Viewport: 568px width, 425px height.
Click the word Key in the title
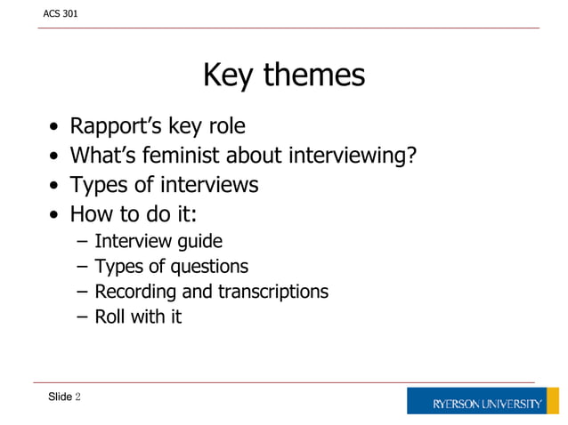click(x=230, y=76)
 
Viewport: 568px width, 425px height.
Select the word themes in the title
click(x=314, y=76)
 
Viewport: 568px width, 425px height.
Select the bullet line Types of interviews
click(x=164, y=185)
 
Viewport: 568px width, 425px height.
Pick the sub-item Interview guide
click(x=158, y=241)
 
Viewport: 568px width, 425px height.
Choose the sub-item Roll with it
click(x=138, y=317)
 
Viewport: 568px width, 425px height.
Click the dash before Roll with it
click(x=83, y=317)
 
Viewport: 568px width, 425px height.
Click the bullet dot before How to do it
click(x=56, y=216)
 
